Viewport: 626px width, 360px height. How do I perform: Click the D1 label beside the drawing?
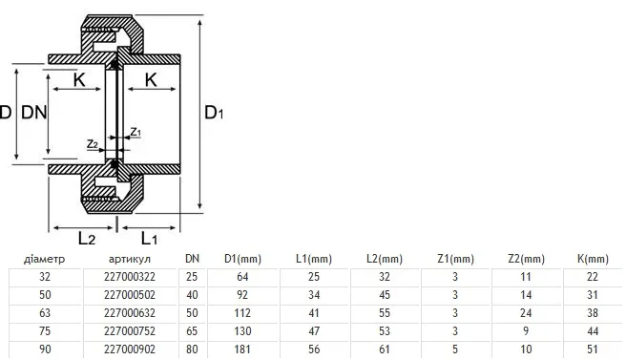pos(214,113)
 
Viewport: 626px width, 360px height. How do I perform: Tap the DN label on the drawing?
pos(34,113)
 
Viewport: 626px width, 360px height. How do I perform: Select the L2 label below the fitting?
pos(87,239)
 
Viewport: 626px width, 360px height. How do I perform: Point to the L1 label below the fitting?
pos(149,239)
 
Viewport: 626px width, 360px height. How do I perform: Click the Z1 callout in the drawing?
pos(136,132)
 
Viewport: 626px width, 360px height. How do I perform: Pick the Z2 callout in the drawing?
pos(93,143)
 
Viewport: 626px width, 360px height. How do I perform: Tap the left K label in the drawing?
pos(79,80)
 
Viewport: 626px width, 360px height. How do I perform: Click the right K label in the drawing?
pos(151,80)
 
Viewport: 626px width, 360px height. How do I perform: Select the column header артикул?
pos(130,259)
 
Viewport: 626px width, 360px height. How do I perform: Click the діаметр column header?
pos(44,259)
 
